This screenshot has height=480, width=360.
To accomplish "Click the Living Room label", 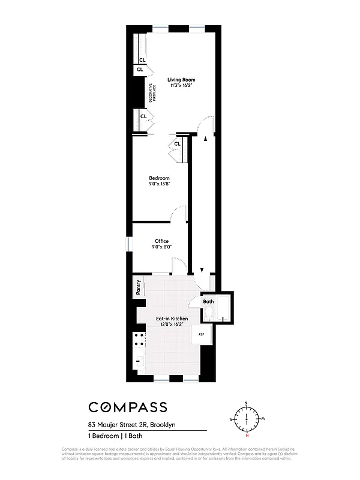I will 181,80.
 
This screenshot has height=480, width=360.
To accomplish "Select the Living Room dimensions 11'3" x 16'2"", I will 181,86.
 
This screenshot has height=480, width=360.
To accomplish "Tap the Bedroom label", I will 159,178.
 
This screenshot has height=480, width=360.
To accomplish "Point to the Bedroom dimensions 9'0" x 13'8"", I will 159,184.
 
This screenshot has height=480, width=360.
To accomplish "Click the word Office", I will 161,241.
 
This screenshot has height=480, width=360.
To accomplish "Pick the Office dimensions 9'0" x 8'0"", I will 161,247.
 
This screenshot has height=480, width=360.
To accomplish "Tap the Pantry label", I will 139,287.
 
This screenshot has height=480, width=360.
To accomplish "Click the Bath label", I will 208,301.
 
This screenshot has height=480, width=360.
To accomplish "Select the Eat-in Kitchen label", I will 172,318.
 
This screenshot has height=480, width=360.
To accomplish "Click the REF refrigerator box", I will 201,334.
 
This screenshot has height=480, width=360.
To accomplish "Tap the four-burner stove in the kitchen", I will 139,340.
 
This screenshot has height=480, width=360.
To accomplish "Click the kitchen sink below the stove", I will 139,361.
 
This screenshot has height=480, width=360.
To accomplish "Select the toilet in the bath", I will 209,313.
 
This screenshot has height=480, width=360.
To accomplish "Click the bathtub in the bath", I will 224,309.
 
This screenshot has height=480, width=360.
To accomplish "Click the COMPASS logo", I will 128,407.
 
